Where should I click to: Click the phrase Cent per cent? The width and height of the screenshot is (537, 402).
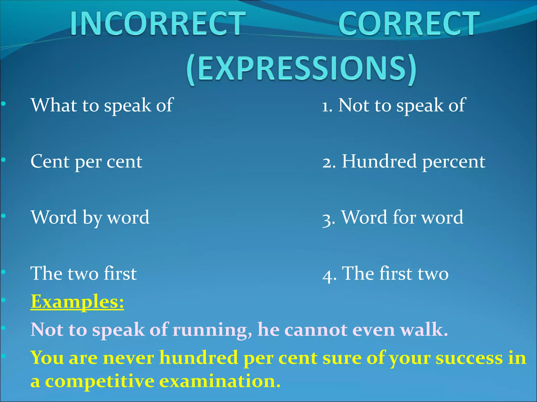click(x=87, y=161)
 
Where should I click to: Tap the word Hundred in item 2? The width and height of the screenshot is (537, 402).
click(x=379, y=161)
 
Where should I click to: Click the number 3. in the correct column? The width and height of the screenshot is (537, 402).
click(x=329, y=219)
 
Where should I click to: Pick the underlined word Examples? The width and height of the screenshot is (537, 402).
click(x=77, y=302)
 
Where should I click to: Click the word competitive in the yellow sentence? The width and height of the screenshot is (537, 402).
click(x=100, y=381)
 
